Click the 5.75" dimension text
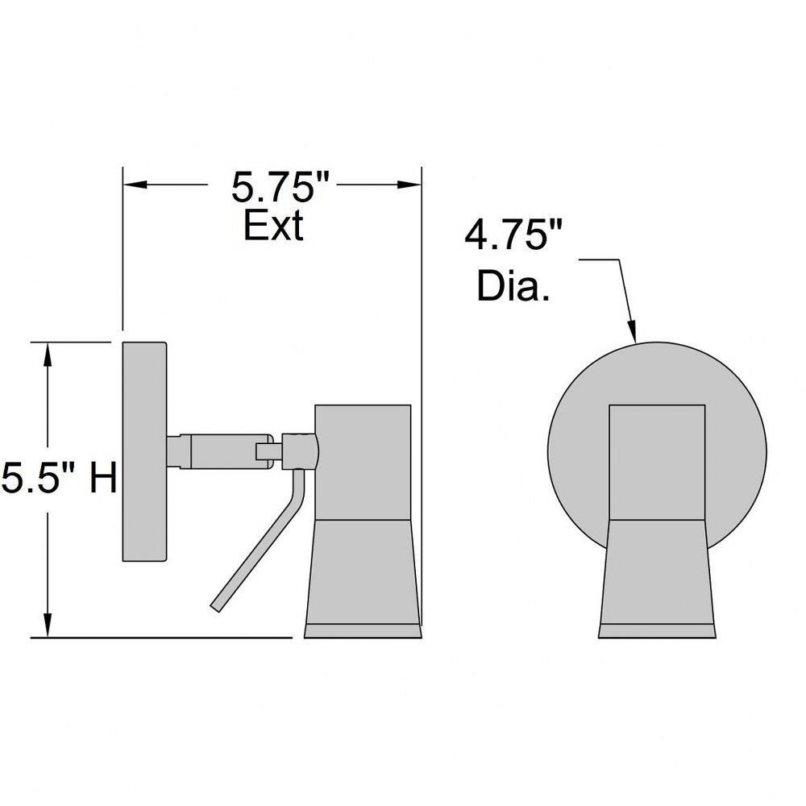[x=280, y=187]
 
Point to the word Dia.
[x=513, y=286]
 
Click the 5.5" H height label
[x=59, y=477]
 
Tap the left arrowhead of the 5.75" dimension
[x=135, y=185]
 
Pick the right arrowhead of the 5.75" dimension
[x=409, y=185]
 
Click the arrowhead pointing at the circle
[x=632, y=330]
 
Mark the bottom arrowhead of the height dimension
[x=48, y=625]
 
